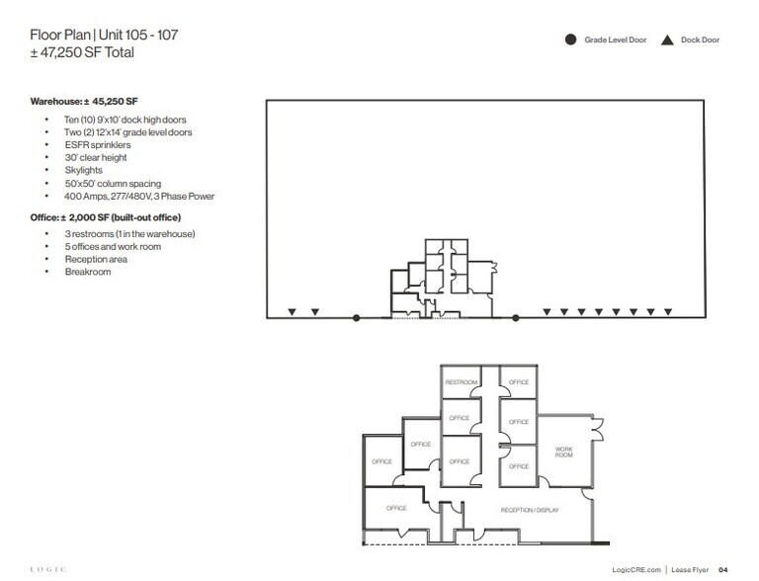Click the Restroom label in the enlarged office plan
click(461, 382)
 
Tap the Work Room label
click(563, 452)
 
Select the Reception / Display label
click(531, 509)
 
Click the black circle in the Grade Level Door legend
click(570, 41)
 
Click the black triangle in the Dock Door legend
click(667, 41)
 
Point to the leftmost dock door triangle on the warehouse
click(292, 313)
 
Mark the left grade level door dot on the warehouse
click(357, 317)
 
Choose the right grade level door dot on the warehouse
click(516, 317)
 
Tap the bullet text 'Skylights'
click(85, 170)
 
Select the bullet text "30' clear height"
click(98, 157)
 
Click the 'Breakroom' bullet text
click(88, 272)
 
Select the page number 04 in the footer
click(723, 568)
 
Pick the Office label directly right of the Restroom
click(519, 382)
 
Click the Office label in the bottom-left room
click(396, 508)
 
